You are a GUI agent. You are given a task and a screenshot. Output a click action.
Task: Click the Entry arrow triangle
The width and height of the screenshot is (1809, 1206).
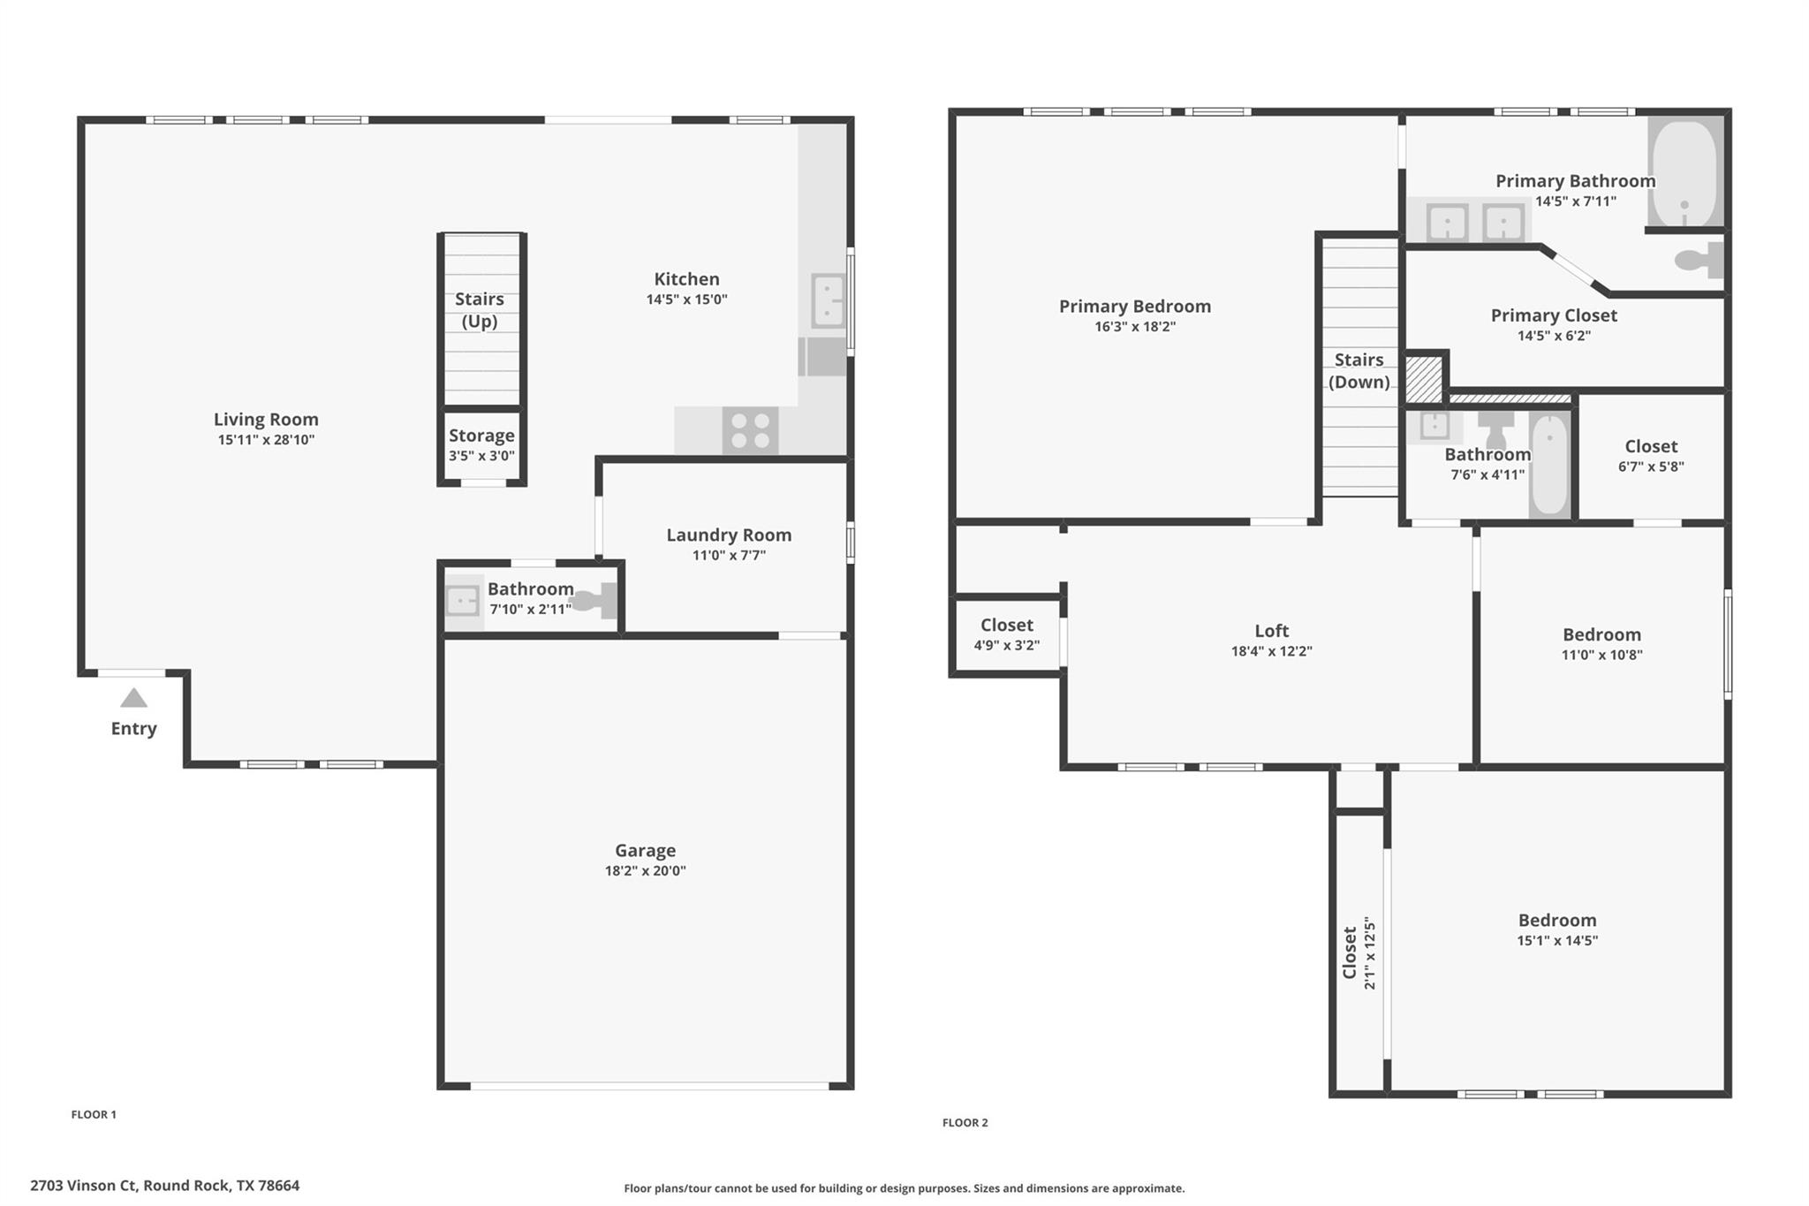coord(133,698)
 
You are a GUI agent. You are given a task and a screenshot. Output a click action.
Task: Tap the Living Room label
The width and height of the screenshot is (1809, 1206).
coord(266,420)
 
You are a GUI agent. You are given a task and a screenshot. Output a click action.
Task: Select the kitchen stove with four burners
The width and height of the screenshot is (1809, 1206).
coord(750,430)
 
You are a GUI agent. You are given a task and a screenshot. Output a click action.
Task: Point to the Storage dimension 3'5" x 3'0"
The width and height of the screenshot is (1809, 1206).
coord(481,456)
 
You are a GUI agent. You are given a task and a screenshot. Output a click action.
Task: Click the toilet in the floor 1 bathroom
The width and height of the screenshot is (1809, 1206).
coord(594,602)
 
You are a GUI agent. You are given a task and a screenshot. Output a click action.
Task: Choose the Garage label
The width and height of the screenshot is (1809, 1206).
coord(645,850)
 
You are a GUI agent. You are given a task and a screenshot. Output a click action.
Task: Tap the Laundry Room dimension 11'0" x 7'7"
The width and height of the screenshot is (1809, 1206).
coord(729,555)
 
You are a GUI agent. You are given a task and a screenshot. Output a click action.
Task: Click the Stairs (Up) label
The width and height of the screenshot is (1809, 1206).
coord(480,310)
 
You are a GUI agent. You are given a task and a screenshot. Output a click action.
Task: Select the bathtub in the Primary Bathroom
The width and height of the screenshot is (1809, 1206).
coord(1684,173)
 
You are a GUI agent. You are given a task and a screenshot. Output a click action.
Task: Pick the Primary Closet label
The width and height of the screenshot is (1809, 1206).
coord(1554,315)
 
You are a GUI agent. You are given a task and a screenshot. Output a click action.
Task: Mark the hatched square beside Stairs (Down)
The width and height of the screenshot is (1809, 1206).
coord(1423,378)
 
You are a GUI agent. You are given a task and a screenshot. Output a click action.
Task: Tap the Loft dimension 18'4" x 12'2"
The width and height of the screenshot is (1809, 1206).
coord(1271,651)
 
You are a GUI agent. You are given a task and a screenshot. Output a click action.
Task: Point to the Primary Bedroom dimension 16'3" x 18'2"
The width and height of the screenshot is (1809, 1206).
coord(1135,327)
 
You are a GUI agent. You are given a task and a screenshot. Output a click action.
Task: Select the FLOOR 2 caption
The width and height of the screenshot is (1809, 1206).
coord(965,1123)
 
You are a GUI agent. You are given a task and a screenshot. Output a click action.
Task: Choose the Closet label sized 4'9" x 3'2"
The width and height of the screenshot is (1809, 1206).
coord(1006,626)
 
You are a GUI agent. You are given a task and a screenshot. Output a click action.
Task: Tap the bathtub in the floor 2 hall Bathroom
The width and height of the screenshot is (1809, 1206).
coord(1549,464)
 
